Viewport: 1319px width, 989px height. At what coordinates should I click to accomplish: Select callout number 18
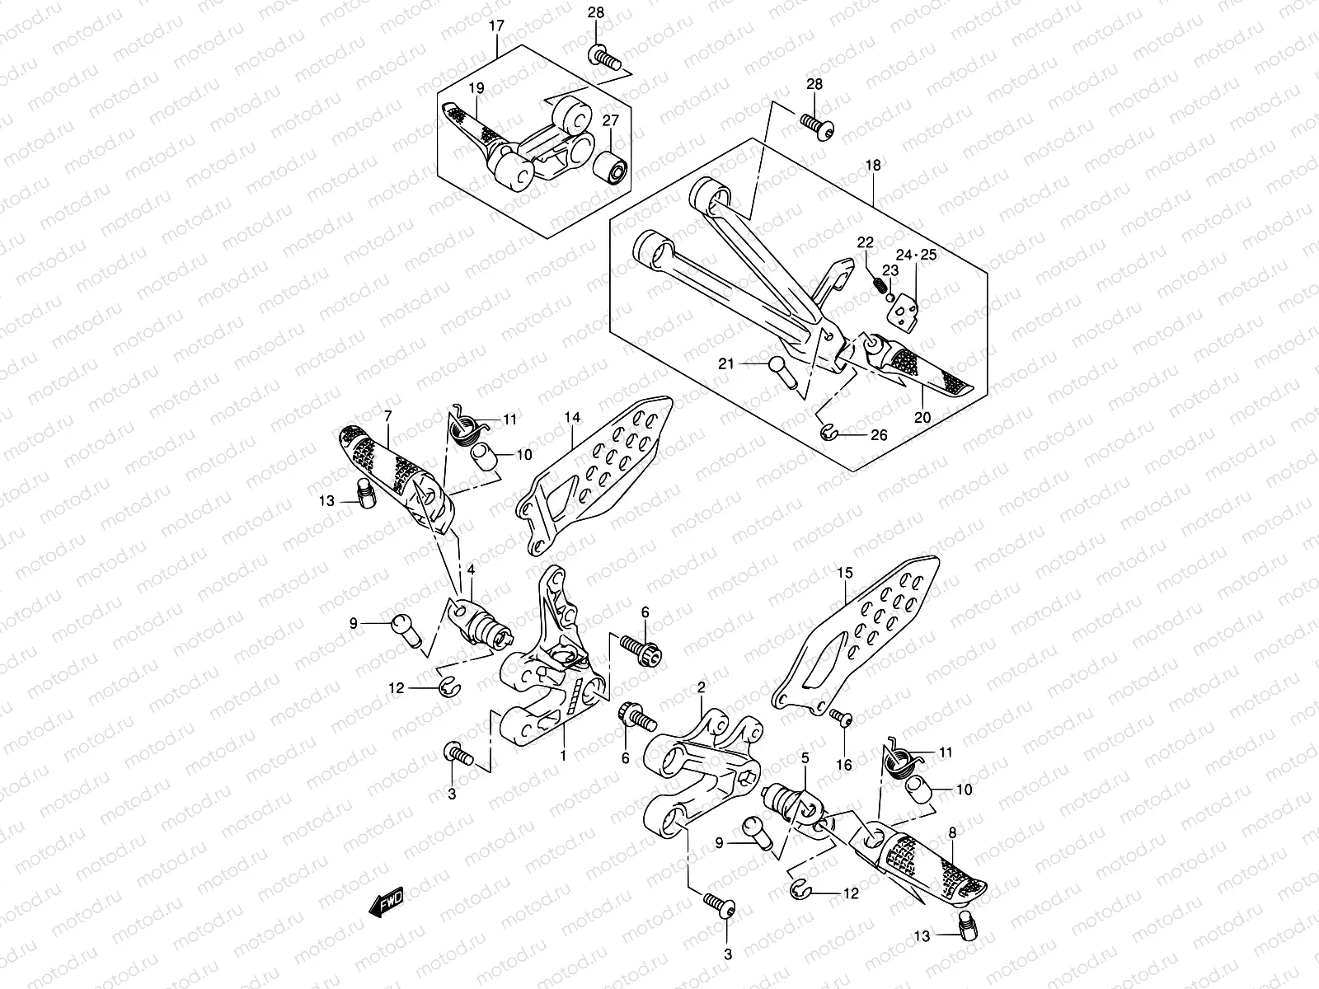pyautogui.click(x=873, y=166)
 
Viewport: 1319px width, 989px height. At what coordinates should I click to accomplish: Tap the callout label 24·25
pyautogui.click(x=916, y=256)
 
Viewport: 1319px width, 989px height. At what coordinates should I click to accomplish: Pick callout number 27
pyautogui.click(x=610, y=120)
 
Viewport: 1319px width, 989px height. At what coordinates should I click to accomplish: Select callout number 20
pyautogui.click(x=922, y=418)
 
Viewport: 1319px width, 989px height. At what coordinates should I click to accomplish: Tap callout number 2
pyautogui.click(x=702, y=687)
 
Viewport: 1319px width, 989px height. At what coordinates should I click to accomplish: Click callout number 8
pyautogui.click(x=952, y=833)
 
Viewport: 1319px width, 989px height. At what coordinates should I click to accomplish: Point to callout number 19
pyautogui.click(x=476, y=88)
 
